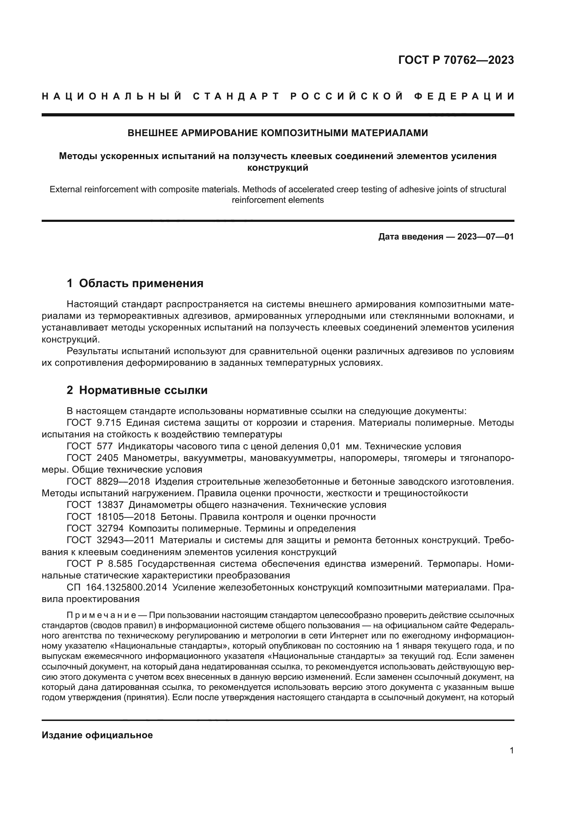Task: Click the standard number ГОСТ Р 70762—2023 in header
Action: [x=455, y=60]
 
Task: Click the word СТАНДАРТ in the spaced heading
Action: [x=236, y=96]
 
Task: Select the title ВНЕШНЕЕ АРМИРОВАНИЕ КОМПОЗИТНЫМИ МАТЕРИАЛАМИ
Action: [x=278, y=133]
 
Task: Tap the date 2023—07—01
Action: [x=485, y=237]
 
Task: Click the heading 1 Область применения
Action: [x=135, y=283]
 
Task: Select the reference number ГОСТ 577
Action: [x=90, y=446]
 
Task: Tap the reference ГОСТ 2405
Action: [x=93, y=458]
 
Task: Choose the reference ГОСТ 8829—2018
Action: [x=108, y=481]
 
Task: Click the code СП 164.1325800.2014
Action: [x=117, y=587]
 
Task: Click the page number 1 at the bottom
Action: [x=511, y=750]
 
